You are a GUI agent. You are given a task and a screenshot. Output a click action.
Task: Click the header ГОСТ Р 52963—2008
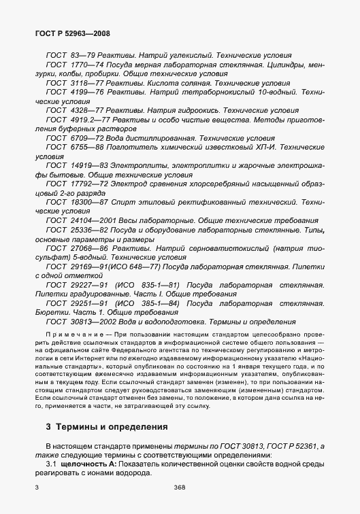point(71,33)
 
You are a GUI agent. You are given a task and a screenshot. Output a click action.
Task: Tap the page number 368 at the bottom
point(180,488)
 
